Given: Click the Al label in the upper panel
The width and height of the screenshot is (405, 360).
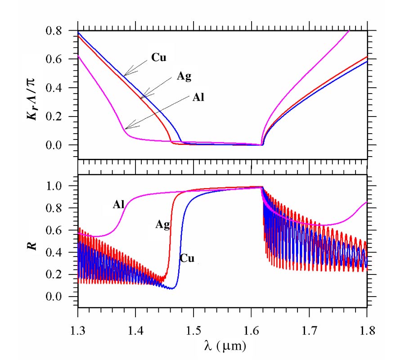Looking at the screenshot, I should click(198, 97).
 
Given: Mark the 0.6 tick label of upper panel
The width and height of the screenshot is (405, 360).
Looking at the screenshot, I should click(62, 60).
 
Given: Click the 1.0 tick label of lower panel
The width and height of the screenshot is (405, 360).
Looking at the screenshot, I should click(62, 186).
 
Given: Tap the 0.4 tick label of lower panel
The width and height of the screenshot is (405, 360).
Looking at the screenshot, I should click(62, 253).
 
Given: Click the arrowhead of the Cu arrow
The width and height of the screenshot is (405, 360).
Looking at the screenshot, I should click(125, 75).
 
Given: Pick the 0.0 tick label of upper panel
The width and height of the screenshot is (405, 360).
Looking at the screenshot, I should click(62, 146).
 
